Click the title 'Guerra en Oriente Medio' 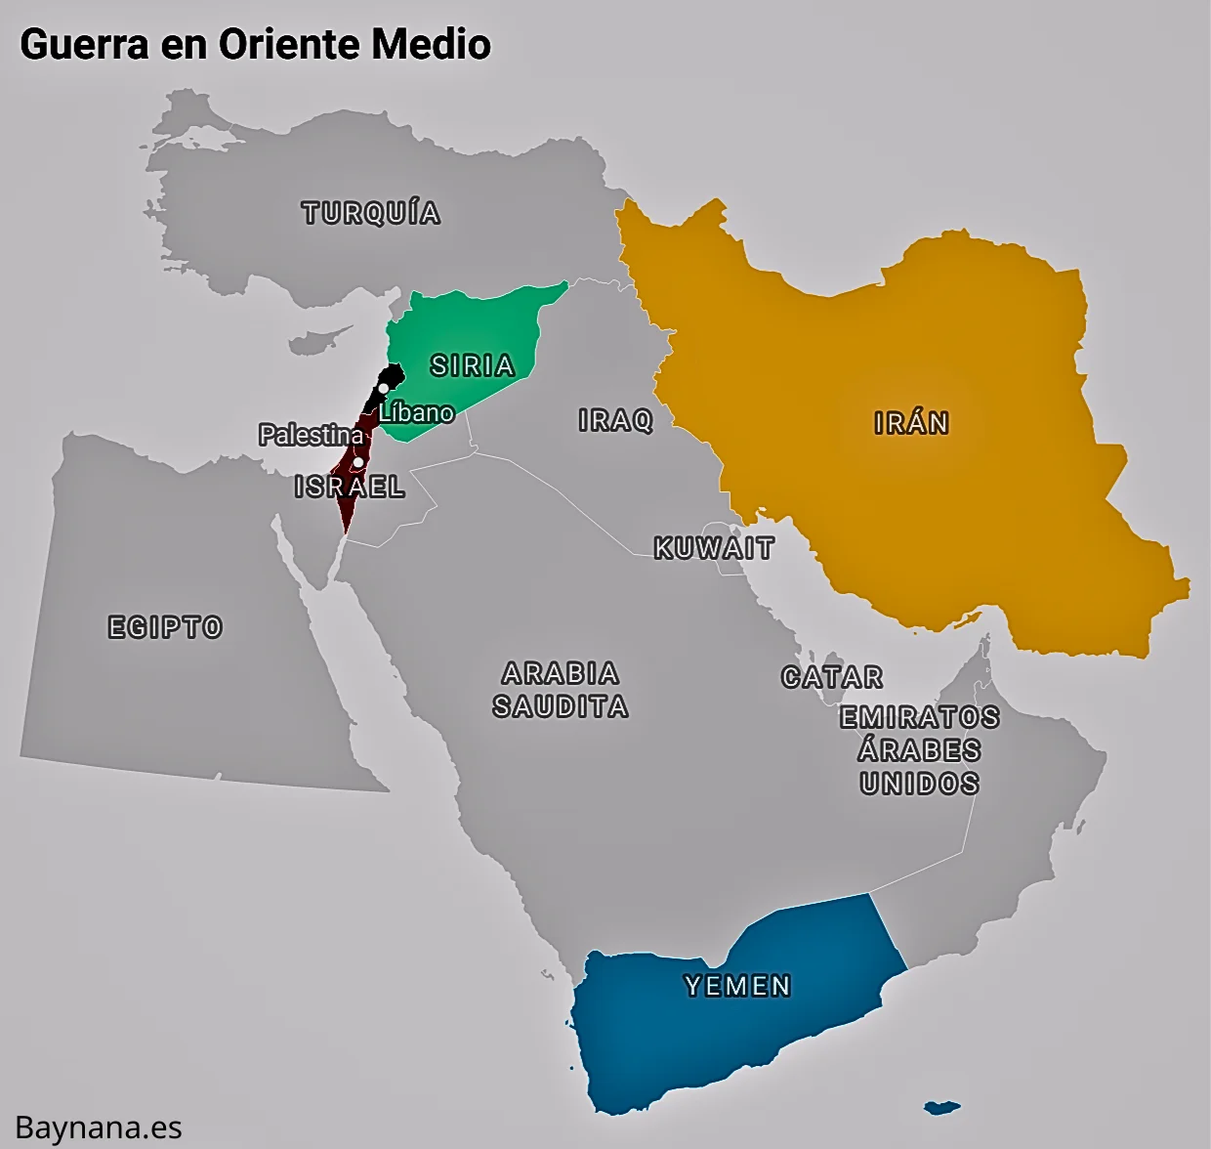pyautogui.click(x=255, y=44)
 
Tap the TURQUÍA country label pyautogui.click(x=371, y=213)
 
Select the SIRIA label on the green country pyautogui.click(x=473, y=365)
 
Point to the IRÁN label pyautogui.click(x=911, y=423)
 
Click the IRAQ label pyautogui.click(x=615, y=420)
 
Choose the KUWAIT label pyautogui.click(x=714, y=548)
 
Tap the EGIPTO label pyautogui.click(x=165, y=627)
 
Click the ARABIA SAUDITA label pyautogui.click(x=561, y=690)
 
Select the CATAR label pyautogui.click(x=832, y=677)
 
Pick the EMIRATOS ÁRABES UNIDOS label pyautogui.click(x=920, y=750)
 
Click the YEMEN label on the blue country pyautogui.click(x=738, y=986)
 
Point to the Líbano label pyautogui.click(x=417, y=412)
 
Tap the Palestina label pyautogui.click(x=312, y=435)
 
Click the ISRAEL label pyautogui.click(x=350, y=487)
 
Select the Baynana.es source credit pyautogui.click(x=99, y=1128)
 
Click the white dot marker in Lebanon pyautogui.click(x=384, y=388)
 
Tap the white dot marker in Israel pyautogui.click(x=358, y=462)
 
